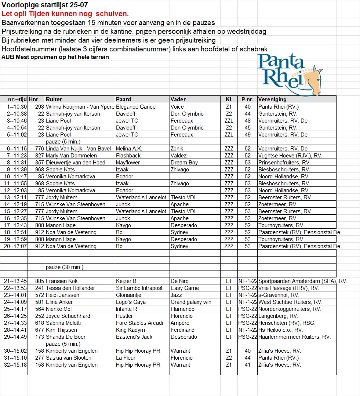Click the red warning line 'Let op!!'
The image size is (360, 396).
click(65, 14)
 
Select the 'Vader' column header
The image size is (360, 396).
click(178, 99)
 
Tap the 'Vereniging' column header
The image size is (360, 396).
click(272, 99)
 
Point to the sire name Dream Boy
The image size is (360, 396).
click(184, 163)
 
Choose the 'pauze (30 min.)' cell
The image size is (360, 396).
click(65, 267)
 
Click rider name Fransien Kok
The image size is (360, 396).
click(62, 281)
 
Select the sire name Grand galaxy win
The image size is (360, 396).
click(191, 302)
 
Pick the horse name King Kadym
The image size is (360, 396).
click(130, 330)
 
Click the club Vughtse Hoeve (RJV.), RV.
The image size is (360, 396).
click(290, 156)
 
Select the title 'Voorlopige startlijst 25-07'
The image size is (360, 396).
click(45, 5)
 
